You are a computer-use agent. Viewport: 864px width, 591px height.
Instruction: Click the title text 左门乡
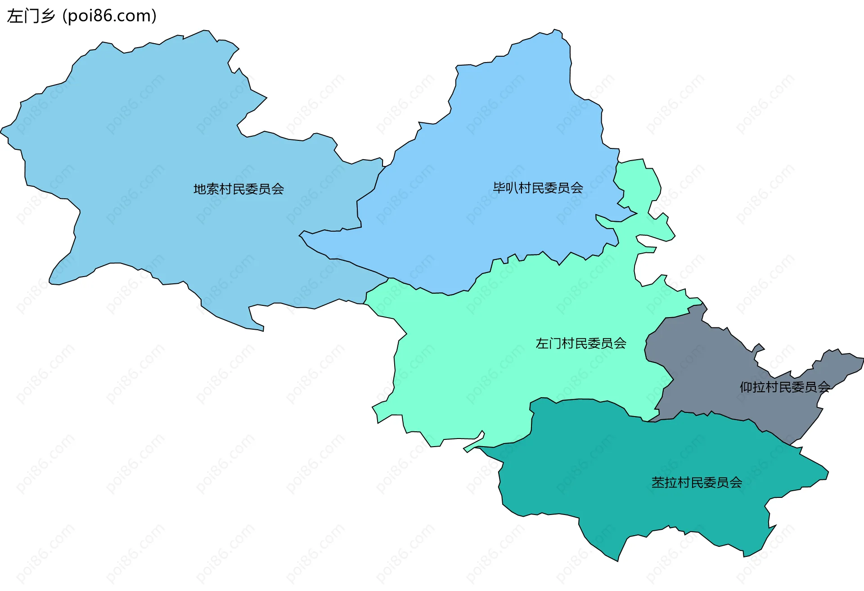click(31, 16)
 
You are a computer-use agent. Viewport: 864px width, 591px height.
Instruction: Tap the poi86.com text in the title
click(109, 16)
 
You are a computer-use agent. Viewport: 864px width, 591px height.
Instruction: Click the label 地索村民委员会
click(238, 189)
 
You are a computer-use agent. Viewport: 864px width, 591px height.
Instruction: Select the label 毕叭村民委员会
click(538, 188)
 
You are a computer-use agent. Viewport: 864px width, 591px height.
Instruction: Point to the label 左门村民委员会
click(580, 344)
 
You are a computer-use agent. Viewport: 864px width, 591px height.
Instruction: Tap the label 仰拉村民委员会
click(785, 387)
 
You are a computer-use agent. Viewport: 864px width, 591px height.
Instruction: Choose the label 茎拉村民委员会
click(696, 483)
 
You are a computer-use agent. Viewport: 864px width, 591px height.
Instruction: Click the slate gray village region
click(720, 373)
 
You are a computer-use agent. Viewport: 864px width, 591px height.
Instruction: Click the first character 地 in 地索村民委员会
click(200, 189)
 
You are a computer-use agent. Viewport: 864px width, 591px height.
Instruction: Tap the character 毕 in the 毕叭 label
click(499, 188)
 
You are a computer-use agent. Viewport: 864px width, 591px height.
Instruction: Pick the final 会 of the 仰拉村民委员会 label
click(824, 387)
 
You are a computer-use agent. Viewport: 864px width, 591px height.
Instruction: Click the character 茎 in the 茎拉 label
click(658, 483)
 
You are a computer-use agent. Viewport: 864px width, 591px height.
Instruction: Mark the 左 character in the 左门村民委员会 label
click(542, 344)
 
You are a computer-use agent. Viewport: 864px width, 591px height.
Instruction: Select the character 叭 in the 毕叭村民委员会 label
click(512, 188)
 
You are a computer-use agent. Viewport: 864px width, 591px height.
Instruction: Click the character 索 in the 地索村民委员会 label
click(213, 189)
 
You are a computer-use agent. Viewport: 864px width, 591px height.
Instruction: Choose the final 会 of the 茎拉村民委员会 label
click(735, 483)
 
